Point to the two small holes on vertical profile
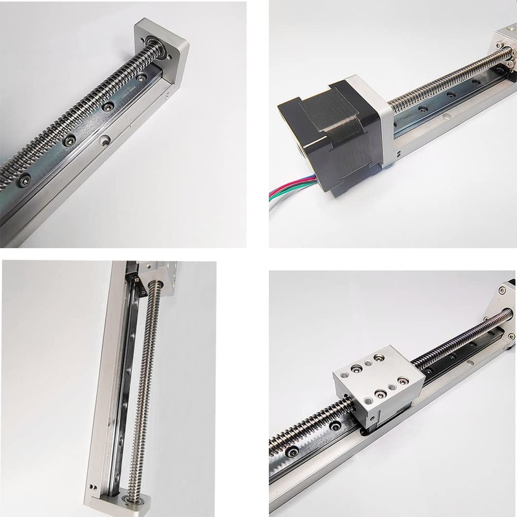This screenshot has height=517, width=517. (x=93, y=486)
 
